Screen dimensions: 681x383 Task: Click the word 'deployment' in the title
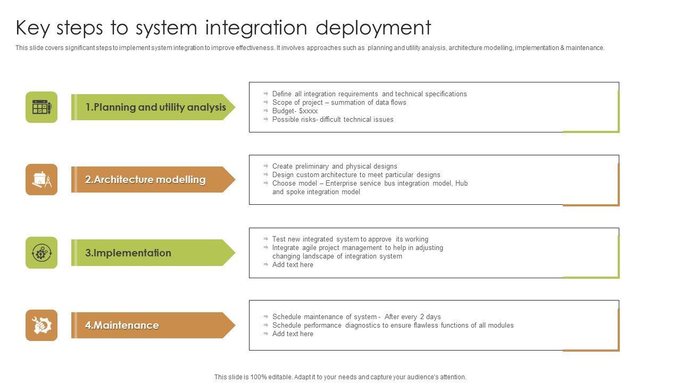[x=373, y=28]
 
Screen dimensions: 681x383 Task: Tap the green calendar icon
[x=41, y=107]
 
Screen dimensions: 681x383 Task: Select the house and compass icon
[x=41, y=180]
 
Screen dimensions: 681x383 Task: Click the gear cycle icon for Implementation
[x=41, y=253]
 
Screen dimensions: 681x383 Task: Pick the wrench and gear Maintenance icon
[x=41, y=325]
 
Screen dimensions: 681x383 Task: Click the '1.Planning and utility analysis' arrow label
[x=153, y=107]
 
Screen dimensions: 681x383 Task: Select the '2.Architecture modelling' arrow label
[x=153, y=179]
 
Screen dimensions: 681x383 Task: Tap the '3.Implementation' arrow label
[x=153, y=253]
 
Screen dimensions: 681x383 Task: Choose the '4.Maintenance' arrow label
[x=153, y=325]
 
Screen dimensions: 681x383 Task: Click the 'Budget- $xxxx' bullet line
[x=295, y=111]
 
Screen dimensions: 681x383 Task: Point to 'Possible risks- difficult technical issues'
[x=333, y=120]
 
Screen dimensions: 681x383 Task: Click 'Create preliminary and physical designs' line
[x=335, y=166]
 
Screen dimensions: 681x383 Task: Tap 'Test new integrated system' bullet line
[x=350, y=239]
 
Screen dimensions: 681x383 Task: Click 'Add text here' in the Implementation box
[x=293, y=265]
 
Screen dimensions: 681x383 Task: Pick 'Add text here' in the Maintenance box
[x=293, y=334]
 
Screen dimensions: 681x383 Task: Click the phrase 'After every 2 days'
[x=412, y=317]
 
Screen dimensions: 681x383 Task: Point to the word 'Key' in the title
[x=32, y=28]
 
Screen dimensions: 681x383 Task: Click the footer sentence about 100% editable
[x=340, y=377]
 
